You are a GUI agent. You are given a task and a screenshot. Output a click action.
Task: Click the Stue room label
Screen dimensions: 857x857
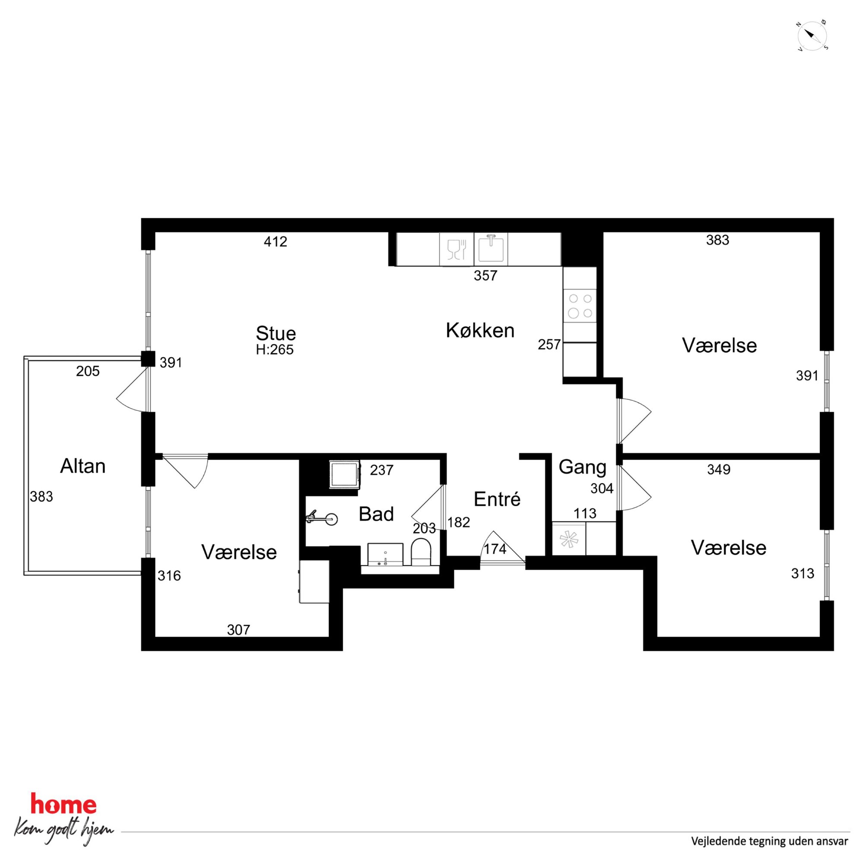276,333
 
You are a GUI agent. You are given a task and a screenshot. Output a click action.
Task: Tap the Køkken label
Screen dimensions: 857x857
480,331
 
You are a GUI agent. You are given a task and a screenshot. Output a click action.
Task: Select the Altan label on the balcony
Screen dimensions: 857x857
83,466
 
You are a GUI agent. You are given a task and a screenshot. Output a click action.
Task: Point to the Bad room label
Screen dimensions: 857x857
376,514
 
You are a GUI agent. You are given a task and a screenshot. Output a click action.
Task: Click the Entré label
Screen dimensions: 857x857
497,499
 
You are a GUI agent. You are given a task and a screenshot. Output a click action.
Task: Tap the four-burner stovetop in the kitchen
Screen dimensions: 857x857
580,306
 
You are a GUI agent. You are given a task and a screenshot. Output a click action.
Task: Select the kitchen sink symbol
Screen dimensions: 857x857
491,249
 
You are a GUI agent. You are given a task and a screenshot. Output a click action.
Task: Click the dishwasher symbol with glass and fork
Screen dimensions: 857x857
457,249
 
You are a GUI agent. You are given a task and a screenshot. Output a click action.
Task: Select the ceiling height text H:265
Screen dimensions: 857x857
275,349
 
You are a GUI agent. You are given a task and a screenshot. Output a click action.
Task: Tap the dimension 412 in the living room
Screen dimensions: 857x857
276,242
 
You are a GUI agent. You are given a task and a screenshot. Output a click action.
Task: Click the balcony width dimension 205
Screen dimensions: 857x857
88,371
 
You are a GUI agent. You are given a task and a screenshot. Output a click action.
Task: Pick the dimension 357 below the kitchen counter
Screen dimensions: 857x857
485,276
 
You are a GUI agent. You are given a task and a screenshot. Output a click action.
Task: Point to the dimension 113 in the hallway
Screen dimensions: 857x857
584,513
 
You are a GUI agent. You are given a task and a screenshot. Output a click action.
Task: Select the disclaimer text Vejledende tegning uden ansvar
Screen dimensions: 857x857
770,841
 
